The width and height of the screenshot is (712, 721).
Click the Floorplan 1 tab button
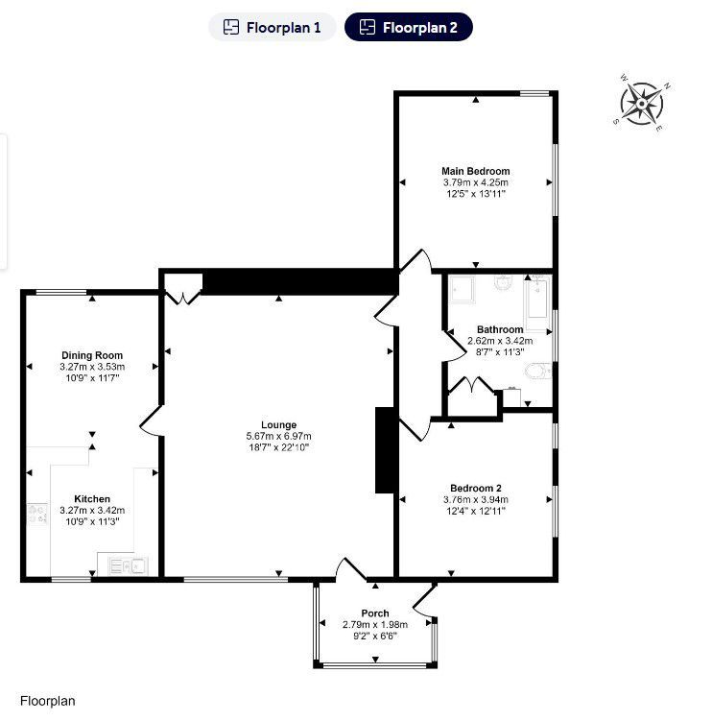(273, 27)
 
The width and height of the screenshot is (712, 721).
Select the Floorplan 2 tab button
(409, 27)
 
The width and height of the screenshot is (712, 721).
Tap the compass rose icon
(642, 104)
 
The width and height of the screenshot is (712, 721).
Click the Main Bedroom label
(476, 171)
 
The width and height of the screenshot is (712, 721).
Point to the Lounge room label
(278, 425)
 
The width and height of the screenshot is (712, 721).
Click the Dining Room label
(92, 355)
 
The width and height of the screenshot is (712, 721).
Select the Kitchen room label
(92, 499)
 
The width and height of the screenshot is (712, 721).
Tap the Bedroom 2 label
(476, 489)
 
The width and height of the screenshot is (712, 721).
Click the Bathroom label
(500, 329)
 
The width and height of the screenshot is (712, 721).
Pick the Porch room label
(375, 613)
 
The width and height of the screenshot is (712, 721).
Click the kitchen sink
(128, 565)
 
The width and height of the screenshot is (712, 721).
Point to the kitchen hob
(37, 514)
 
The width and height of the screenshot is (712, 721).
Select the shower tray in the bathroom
(463, 290)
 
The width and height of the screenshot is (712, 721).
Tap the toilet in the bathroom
(537, 372)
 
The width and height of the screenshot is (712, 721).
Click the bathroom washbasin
(504, 283)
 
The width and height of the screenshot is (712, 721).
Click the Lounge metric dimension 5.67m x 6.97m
(278, 436)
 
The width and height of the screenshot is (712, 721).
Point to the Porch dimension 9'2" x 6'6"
(375, 636)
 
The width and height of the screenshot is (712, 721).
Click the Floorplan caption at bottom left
(47, 701)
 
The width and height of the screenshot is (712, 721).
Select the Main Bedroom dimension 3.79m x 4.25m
(476, 182)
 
